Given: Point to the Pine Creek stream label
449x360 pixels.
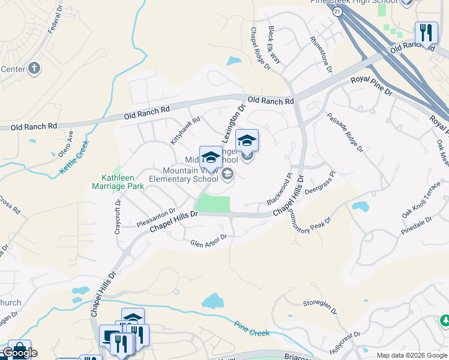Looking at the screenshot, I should pyautogui.click(x=249, y=327).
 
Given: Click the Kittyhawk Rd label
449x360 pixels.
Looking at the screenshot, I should pyautogui.click(x=185, y=130).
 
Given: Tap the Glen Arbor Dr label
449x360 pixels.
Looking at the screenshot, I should pyautogui.click(x=208, y=241).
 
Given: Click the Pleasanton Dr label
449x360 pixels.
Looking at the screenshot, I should pyautogui.click(x=155, y=218).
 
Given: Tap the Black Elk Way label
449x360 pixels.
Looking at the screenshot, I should pyautogui.click(x=274, y=45).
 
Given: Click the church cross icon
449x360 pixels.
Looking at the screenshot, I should pyautogui.click(x=34, y=68).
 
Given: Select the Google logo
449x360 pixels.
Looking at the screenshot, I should pyautogui.click(x=20, y=353).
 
